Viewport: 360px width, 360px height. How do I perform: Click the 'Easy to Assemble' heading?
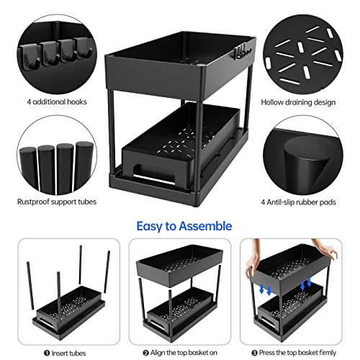coord(180,226)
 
